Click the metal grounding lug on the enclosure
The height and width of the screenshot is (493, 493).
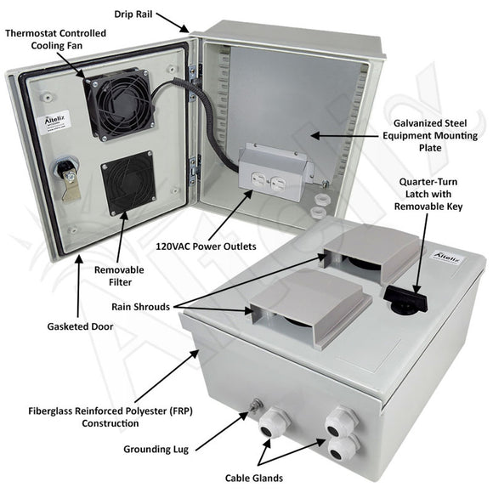252,411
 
